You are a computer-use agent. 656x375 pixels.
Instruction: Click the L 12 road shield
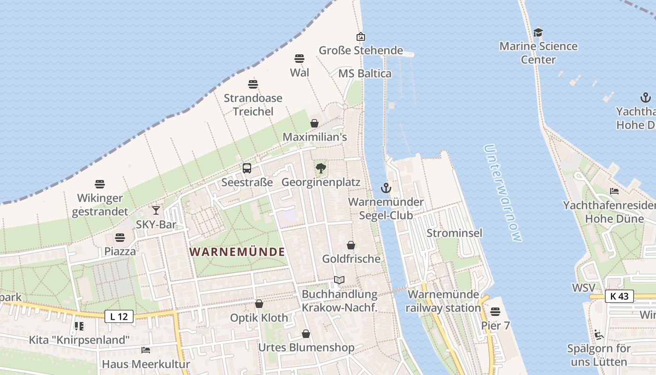pos(119,316)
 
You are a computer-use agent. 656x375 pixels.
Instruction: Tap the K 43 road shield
pos(619,296)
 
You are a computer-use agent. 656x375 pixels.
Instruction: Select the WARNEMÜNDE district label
pos(237,252)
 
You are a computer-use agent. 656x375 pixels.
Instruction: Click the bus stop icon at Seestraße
pos(247,168)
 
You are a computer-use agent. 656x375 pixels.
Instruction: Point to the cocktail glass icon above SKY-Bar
pos(156,210)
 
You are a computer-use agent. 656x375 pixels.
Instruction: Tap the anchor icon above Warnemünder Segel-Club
pos(386,188)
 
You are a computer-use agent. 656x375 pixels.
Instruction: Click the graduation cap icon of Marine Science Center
pos(538,33)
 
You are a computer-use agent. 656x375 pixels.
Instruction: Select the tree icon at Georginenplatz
pos(321,168)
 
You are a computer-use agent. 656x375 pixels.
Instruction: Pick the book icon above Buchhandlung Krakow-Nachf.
pos(339,280)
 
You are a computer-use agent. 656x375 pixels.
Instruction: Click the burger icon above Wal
pos(299,59)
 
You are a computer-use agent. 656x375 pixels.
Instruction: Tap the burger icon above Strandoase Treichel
pos(253,84)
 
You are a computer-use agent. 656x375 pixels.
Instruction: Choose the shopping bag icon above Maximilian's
pos(314,123)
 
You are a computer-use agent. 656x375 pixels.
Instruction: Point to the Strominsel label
pos(454,233)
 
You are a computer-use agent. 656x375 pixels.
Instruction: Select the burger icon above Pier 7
pos(495,312)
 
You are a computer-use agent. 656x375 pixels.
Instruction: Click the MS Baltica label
pos(365,74)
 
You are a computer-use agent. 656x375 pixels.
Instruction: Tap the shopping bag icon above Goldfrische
pos(351,245)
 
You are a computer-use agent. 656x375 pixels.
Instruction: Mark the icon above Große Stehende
pos(361,37)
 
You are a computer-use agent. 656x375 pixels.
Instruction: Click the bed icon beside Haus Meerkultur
pos(146,350)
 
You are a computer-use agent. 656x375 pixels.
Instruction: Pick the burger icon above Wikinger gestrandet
pos(100,184)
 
